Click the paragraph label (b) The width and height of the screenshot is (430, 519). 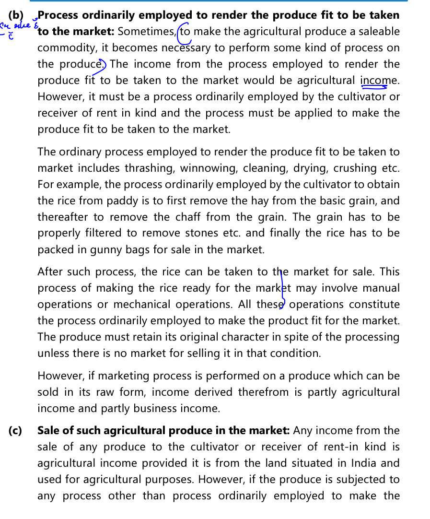[x=16, y=15]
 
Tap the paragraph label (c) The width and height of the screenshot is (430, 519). [x=15, y=431]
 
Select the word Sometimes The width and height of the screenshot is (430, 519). [x=147, y=32]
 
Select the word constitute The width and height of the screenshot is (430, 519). [x=374, y=305]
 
